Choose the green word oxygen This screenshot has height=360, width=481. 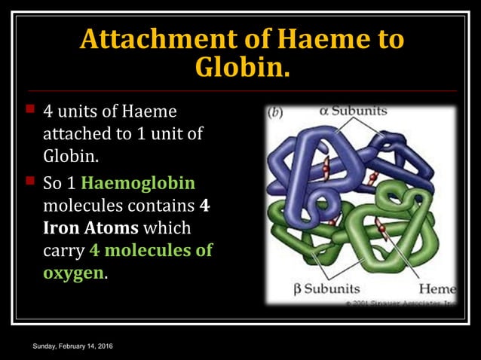(x=73, y=273)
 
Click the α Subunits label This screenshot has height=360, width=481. (x=353, y=111)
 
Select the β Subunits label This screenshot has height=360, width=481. (x=326, y=288)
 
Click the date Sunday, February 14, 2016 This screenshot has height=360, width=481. (x=73, y=345)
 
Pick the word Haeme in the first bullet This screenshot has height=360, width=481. (x=150, y=112)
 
